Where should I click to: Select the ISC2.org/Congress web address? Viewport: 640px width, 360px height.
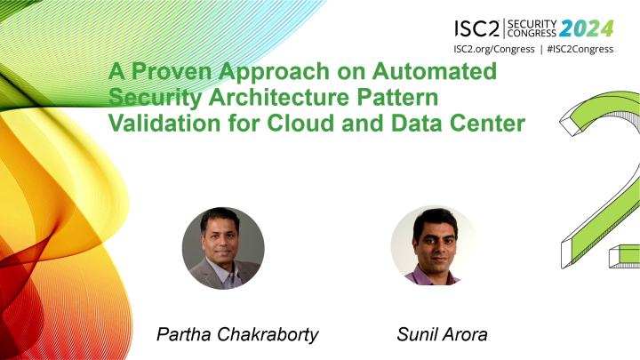coord(499,48)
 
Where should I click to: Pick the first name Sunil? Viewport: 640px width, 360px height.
coord(418,336)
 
